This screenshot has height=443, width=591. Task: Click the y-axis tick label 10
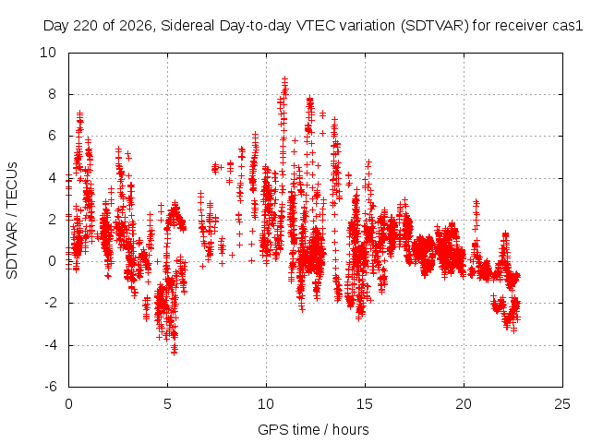(x=48, y=53)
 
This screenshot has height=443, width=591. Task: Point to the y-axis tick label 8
(x=52, y=94)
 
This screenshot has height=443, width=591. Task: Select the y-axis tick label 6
(x=52, y=136)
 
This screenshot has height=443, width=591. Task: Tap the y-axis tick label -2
(x=50, y=303)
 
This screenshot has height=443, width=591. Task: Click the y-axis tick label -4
(x=50, y=344)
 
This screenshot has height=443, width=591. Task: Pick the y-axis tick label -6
(x=50, y=387)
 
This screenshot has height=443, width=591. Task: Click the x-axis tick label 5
(x=167, y=404)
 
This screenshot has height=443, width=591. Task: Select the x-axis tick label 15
(x=365, y=404)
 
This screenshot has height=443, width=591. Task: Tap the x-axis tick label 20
(x=464, y=404)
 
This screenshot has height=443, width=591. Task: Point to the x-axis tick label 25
(x=562, y=404)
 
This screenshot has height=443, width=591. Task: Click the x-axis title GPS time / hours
(x=313, y=429)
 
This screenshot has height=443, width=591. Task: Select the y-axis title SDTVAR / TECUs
(x=12, y=221)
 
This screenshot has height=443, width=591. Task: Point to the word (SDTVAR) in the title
(x=435, y=26)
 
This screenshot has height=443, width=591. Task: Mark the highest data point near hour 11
(x=285, y=78)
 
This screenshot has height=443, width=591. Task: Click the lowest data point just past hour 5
(x=174, y=353)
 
